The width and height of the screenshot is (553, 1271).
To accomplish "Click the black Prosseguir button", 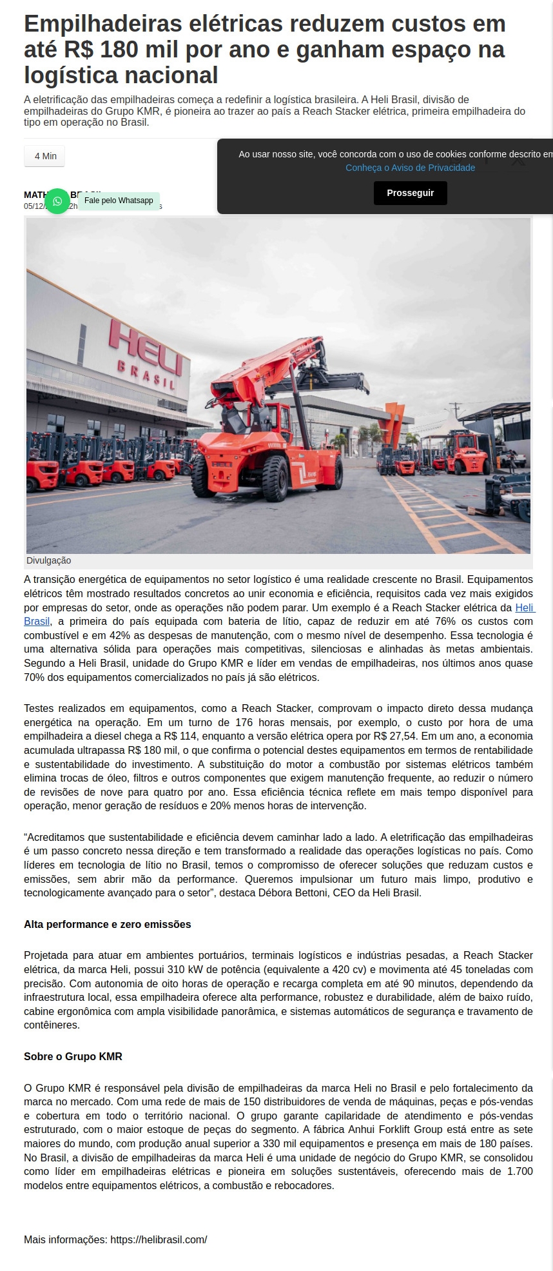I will (x=410, y=193).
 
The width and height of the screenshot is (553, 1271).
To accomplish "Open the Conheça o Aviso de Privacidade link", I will (x=410, y=168).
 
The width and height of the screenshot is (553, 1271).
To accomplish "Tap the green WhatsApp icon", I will (x=57, y=201).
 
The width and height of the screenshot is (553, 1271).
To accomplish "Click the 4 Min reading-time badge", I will (x=45, y=156).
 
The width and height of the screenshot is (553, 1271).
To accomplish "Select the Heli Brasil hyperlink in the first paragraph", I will (x=524, y=607).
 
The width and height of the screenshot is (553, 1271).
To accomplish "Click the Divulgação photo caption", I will (x=49, y=560).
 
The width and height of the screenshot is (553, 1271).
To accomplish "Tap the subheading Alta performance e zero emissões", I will (x=108, y=924).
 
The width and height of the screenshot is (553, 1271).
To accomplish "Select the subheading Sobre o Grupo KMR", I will (x=73, y=1056).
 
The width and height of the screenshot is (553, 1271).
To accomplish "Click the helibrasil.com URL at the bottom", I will (x=159, y=1239).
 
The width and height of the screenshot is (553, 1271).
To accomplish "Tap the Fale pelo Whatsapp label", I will (x=119, y=201).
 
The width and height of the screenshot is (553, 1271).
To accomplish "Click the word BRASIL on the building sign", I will (x=146, y=375).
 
